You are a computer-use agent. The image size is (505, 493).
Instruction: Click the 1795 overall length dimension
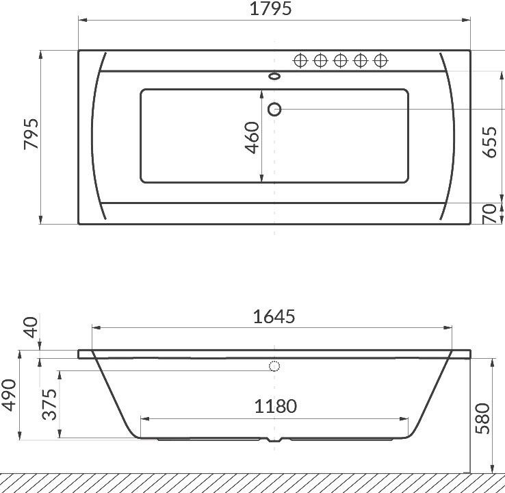[x=270, y=9]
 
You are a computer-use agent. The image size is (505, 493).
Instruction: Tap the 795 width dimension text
[x=31, y=134]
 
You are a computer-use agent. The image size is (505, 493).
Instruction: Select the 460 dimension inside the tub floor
[x=252, y=138]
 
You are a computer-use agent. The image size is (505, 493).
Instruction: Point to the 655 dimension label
[x=489, y=142]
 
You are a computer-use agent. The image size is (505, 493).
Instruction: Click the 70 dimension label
[x=489, y=214]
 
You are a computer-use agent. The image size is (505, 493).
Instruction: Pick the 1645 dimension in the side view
[x=274, y=316]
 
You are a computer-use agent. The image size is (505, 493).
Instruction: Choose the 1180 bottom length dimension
[x=275, y=406]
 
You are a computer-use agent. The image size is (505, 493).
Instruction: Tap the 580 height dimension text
[x=482, y=418]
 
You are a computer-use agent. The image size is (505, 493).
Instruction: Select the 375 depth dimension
[x=49, y=405]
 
